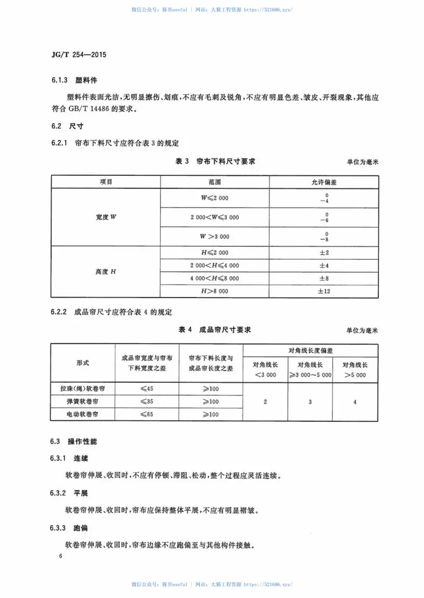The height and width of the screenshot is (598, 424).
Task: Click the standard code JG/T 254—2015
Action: point(76,55)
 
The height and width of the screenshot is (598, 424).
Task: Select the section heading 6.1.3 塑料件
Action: point(69,81)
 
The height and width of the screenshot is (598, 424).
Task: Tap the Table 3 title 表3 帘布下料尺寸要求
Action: point(215,161)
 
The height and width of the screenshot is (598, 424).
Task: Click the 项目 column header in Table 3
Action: point(106,182)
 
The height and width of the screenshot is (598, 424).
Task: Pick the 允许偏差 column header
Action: point(324,182)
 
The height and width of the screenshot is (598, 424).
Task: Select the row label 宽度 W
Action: point(106,217)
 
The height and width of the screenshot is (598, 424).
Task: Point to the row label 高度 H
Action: point(106,272)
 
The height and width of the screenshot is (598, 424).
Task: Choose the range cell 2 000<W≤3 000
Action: point(215,217)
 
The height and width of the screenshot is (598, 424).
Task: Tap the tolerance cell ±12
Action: point(324,291)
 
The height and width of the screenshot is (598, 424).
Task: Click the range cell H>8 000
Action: point(215,291)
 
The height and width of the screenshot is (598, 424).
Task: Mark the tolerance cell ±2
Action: point(324,253)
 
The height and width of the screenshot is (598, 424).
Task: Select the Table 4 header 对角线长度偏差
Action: point(311,350)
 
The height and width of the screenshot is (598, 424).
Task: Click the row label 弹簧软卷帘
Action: point(83,401)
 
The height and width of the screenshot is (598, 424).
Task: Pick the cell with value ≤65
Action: point(147,414)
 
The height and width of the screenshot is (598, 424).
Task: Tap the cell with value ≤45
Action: point(147,389)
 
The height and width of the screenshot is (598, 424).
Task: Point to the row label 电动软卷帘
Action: point(83,414)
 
